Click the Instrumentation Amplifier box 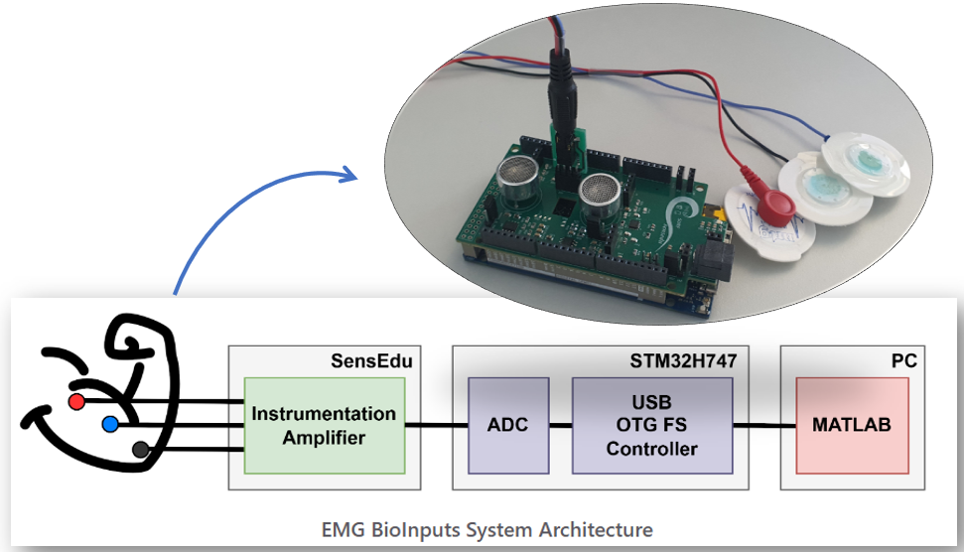324,424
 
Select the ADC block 508,424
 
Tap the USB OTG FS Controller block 651,424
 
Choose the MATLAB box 851,424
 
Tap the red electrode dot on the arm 76,401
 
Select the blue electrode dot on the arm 109,425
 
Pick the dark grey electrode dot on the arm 141,449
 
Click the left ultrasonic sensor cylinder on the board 519,180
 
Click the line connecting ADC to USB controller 561,426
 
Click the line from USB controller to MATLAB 764,426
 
